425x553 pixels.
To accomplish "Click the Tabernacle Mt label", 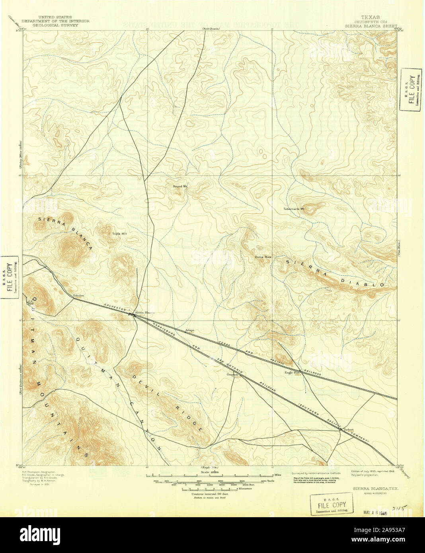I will [x=294, y=208].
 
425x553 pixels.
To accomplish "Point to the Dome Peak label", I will [x=263, y=257].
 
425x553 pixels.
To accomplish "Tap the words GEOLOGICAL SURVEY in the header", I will [x=55, y=25].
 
